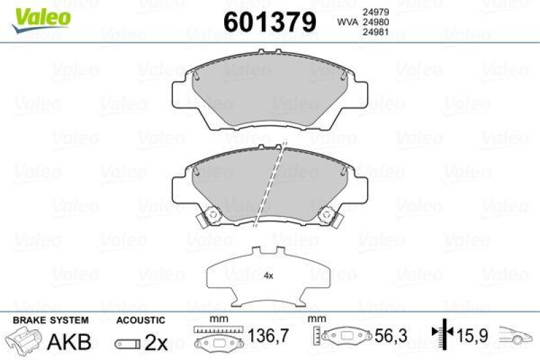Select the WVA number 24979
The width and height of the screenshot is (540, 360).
(x=376, y=11)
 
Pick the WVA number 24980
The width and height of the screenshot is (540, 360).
(x=376, y=22)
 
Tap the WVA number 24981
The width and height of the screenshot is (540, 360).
(x=376, y=32)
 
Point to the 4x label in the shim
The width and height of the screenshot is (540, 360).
(x=268, y=276)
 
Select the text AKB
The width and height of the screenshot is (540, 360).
(x=70, y=342)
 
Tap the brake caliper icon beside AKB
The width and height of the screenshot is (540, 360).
(x=24, y=340)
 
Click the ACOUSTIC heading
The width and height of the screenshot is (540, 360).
(x=140, y=319)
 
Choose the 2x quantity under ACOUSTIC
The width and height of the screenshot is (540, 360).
(x=156, y=342)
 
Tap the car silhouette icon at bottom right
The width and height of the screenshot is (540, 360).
(x=516, y=334)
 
